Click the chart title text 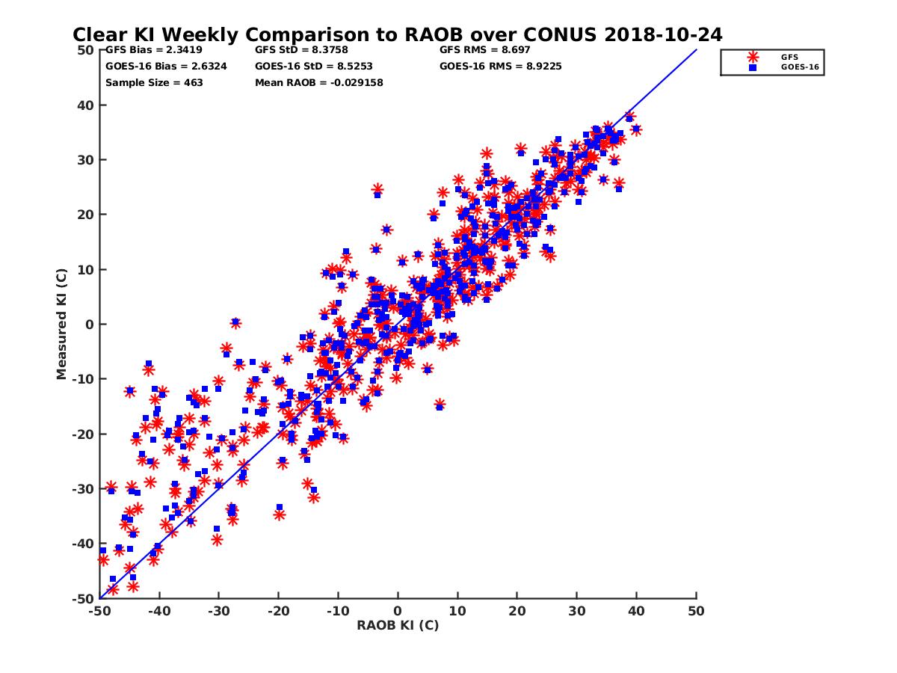(397, 34)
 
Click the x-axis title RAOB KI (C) (398, 625)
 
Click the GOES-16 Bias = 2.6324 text (166, 67)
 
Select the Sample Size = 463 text (154, 83)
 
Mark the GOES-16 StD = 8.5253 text (314, 67)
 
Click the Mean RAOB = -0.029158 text (319, 83)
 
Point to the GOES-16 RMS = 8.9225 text (501, 67)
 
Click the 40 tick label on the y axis (85, 105)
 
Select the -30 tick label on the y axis (82, 489)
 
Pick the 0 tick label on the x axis (398, 612)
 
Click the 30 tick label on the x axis (576, 612)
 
